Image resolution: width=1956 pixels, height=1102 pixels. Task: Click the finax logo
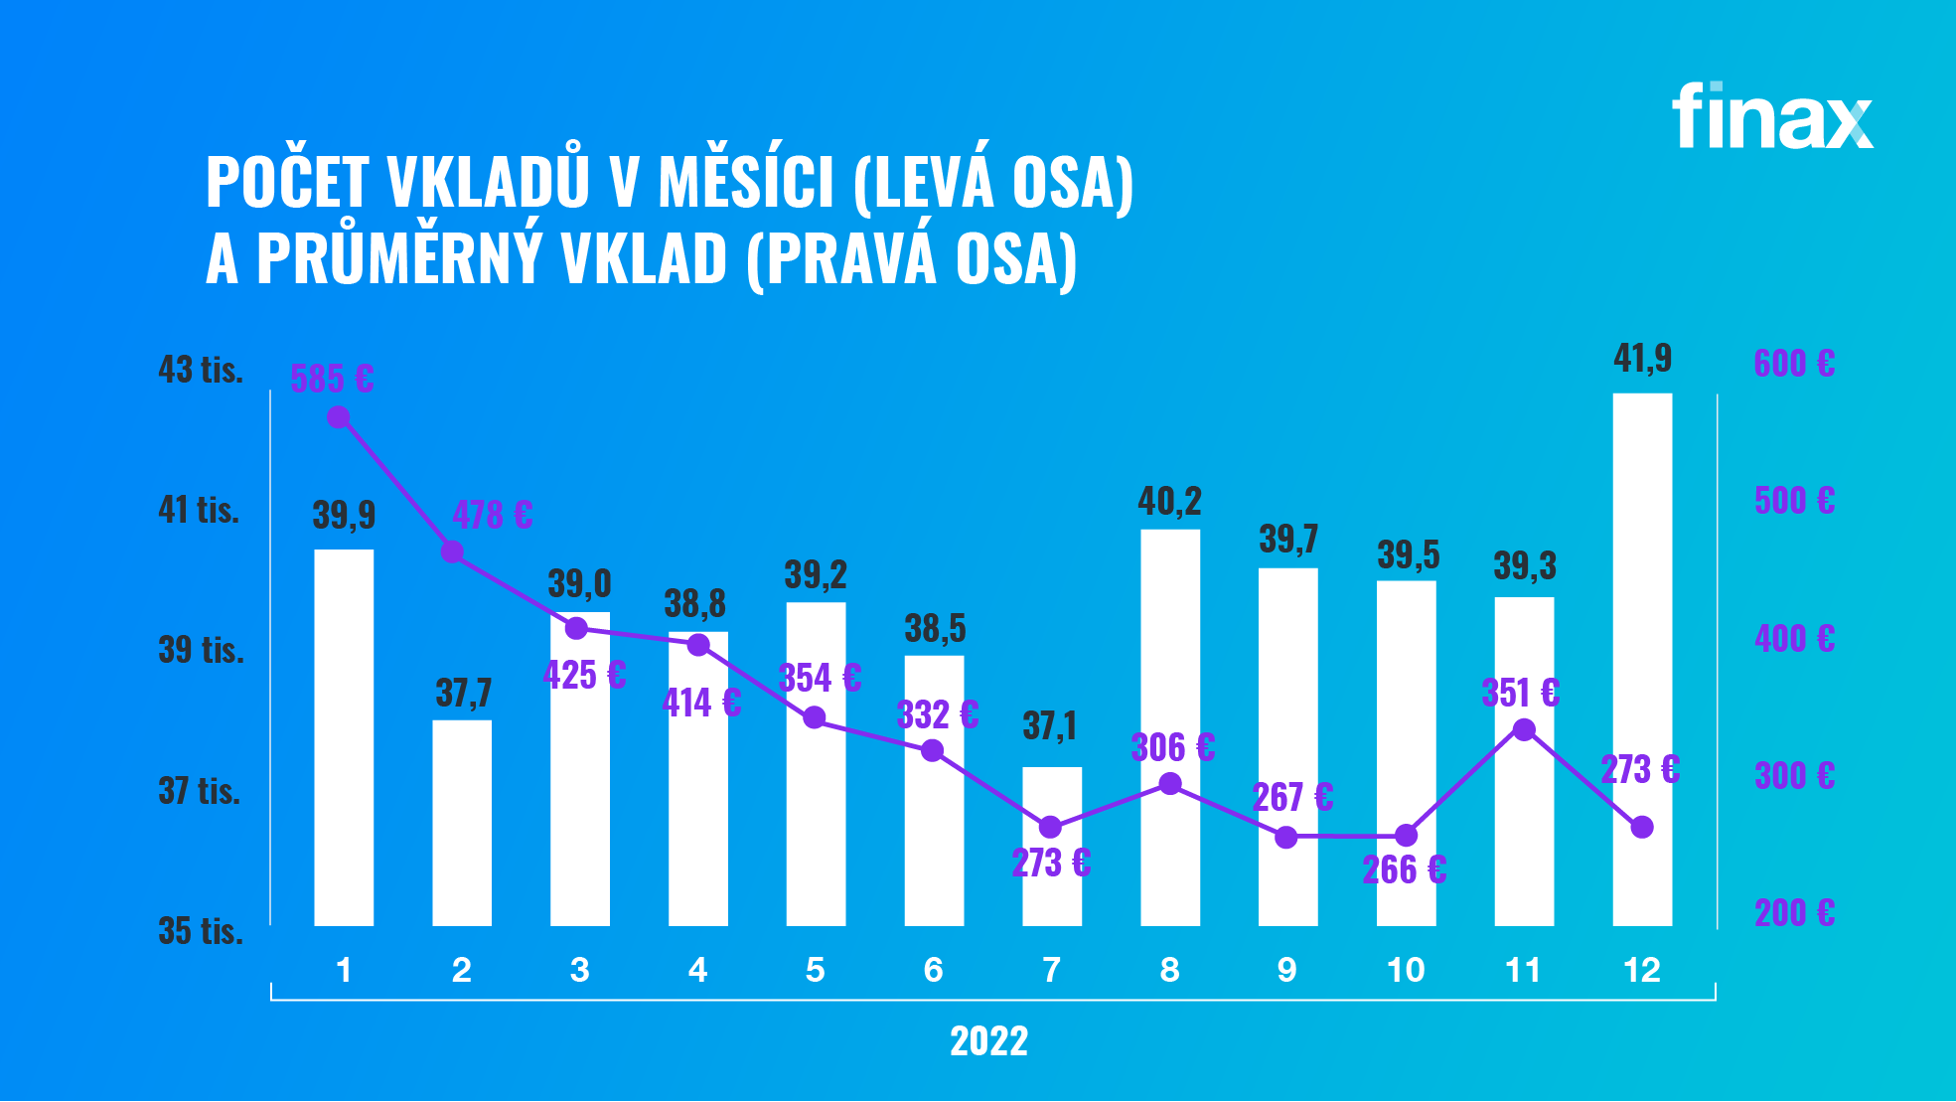[x=1771, y=117]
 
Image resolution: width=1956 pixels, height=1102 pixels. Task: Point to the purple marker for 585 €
[x=338, y=417]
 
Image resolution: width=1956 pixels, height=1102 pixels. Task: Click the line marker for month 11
[x=1524, y=730]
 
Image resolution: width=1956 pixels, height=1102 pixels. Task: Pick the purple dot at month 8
[x=1170, y=784]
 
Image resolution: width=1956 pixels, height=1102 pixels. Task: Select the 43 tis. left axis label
[x=201, y=370]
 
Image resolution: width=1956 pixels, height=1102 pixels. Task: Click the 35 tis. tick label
[x=201, y=931]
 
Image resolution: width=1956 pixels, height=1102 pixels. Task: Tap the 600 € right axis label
[x=1794, y=364]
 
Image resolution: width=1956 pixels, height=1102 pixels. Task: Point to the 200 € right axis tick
[x=1794, y=912]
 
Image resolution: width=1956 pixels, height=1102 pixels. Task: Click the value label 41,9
[x=1642, y=359]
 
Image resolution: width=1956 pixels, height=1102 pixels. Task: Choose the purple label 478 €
[x=493, y=515]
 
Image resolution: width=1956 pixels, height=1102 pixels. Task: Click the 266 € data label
[x=1404, y=870]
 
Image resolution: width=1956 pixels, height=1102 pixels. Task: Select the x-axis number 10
[x=1406, y=970]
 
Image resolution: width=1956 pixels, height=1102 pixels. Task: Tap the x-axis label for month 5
[x=816, y=970]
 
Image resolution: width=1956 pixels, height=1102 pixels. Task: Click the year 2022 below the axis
[x=988, y=1041]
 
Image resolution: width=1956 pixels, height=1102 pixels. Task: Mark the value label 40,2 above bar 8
[x=1169, y=502]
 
